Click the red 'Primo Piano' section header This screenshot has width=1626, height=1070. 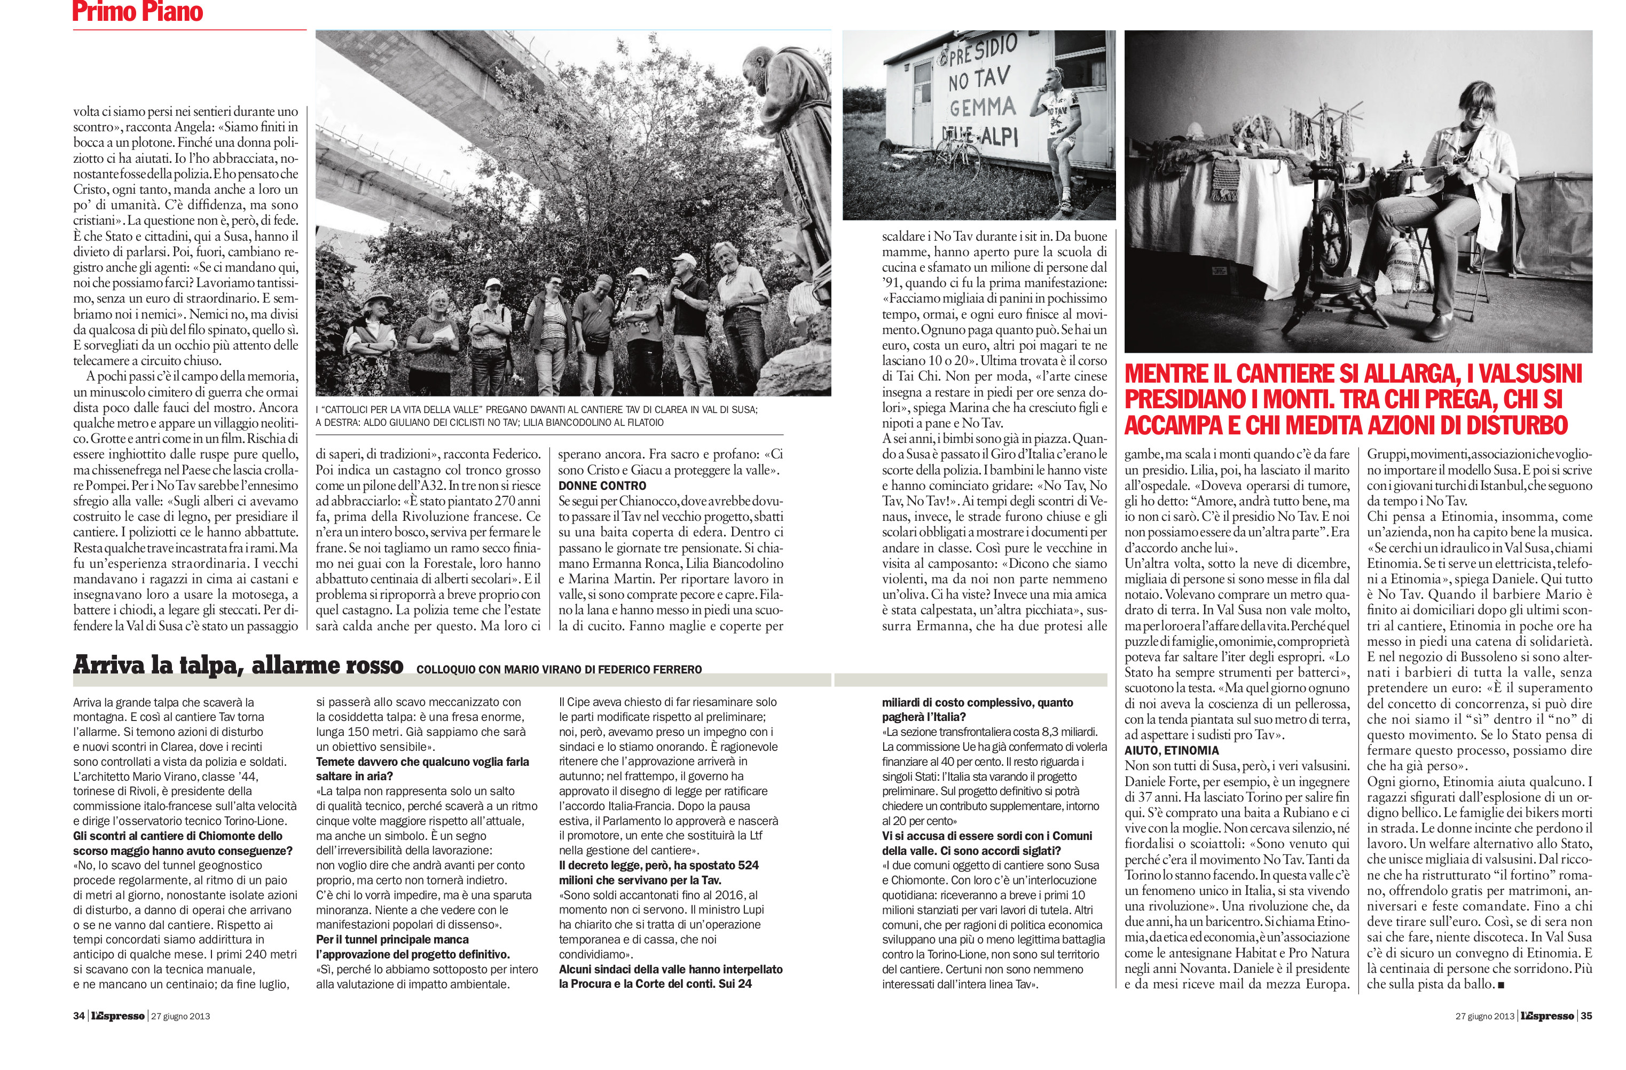[137, 12]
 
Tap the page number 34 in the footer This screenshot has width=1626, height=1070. [78, 1016]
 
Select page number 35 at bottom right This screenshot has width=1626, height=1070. [1586, 1016]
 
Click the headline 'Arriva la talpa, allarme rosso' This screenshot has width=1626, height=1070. [238, 665]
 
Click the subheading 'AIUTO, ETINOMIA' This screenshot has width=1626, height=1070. [1171, 750]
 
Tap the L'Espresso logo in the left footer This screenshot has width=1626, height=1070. [117, 1016]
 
